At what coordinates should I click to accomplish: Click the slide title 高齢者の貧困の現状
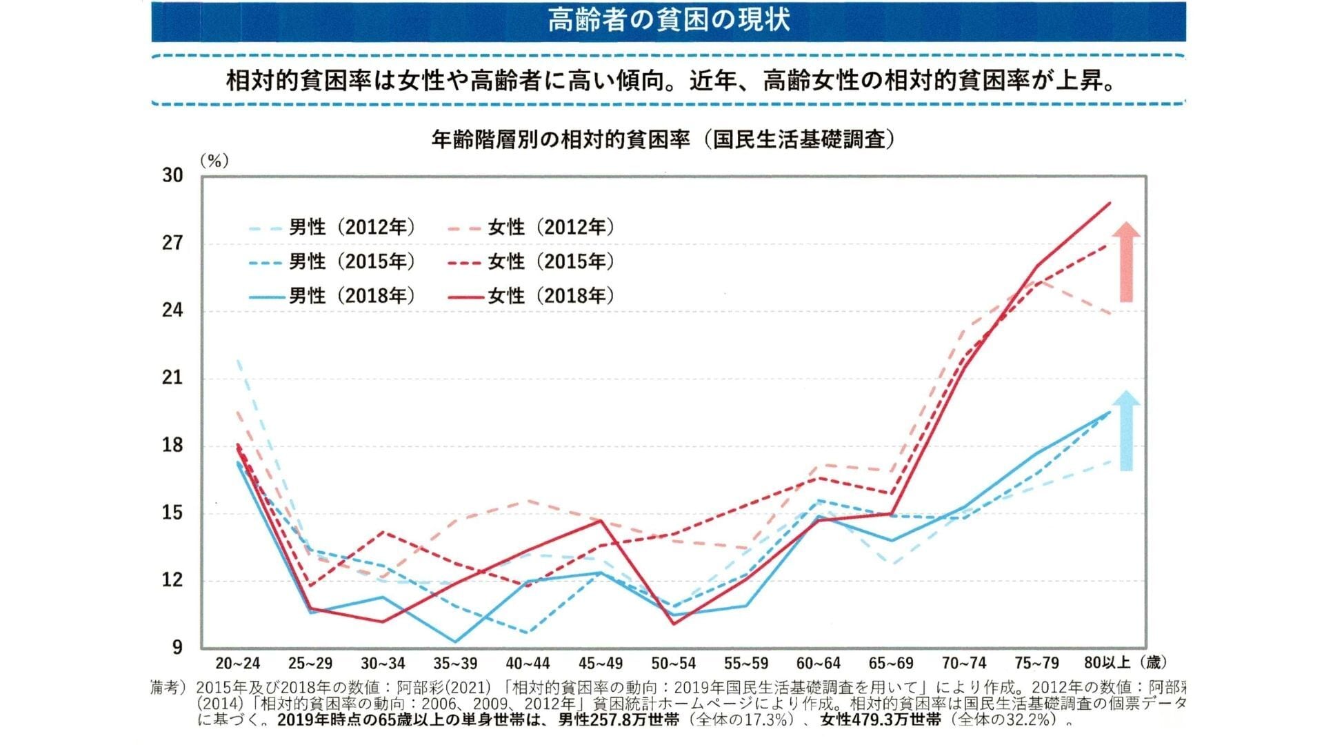668,20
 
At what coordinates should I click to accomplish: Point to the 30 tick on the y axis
173,175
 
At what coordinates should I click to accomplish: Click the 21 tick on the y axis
173,377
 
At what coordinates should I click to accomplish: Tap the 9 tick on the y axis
178,647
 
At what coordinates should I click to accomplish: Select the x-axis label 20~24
238,664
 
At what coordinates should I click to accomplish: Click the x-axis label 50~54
674,664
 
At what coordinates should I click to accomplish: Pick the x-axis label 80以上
1107,663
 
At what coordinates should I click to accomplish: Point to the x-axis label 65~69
891,664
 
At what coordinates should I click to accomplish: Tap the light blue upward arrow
1125,431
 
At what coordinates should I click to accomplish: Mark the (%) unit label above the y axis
214,161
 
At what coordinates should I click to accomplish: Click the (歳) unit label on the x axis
1153,663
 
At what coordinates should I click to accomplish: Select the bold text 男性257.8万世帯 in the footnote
618,720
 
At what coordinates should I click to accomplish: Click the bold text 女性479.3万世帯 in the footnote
881,720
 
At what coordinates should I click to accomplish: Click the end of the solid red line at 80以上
1110,203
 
